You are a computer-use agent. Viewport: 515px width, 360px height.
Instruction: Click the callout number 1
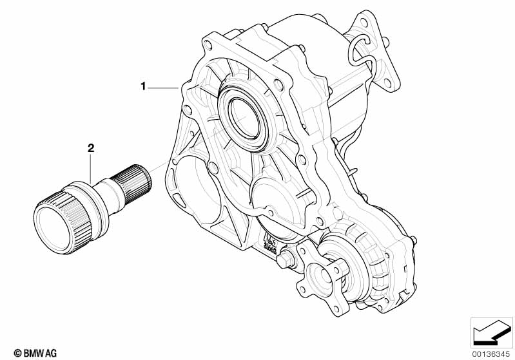click(x=145, y=86)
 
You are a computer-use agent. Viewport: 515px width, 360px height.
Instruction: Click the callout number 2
click(x=91, y=148)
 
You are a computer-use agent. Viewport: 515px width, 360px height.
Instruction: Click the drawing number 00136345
click(x=491, y=353)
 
